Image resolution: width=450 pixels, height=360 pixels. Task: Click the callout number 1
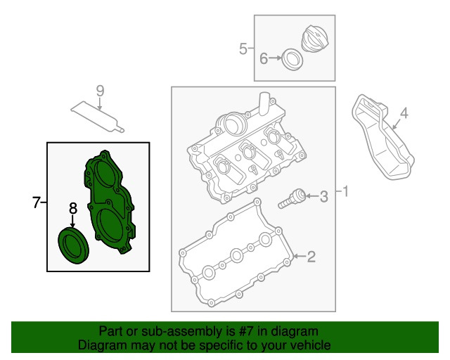(x=346, y=191)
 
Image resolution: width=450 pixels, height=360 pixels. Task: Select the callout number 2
(x=311, y=257)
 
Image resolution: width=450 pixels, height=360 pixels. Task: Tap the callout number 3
(x=323, y=197)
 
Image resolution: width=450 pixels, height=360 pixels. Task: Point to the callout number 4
(x=404, y=113)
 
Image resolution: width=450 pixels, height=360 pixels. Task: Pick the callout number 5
(x=243, y=49)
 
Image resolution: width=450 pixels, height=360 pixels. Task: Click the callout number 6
(x=264, y=58)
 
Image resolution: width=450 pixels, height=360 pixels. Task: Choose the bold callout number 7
(x=36, y=202)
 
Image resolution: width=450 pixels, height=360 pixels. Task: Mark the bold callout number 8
(x=73, y=208)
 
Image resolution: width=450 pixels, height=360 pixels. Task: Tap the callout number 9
(x=100, y=91)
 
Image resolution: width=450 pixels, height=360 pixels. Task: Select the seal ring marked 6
(x=292, y=60)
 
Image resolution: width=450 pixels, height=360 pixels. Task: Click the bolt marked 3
(x=291, y=199)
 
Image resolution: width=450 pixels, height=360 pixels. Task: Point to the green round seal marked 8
(x=73, y=245)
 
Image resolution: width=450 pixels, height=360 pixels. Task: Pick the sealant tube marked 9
(x=98, y=117)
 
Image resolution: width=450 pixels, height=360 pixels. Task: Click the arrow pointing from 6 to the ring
(x=276, y=58)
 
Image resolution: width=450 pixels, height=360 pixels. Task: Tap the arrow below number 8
(x=72, y=222)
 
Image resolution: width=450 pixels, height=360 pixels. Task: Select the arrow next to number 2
(x=300, y=256)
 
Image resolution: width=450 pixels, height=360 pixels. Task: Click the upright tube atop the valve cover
(x=264, y=104)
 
